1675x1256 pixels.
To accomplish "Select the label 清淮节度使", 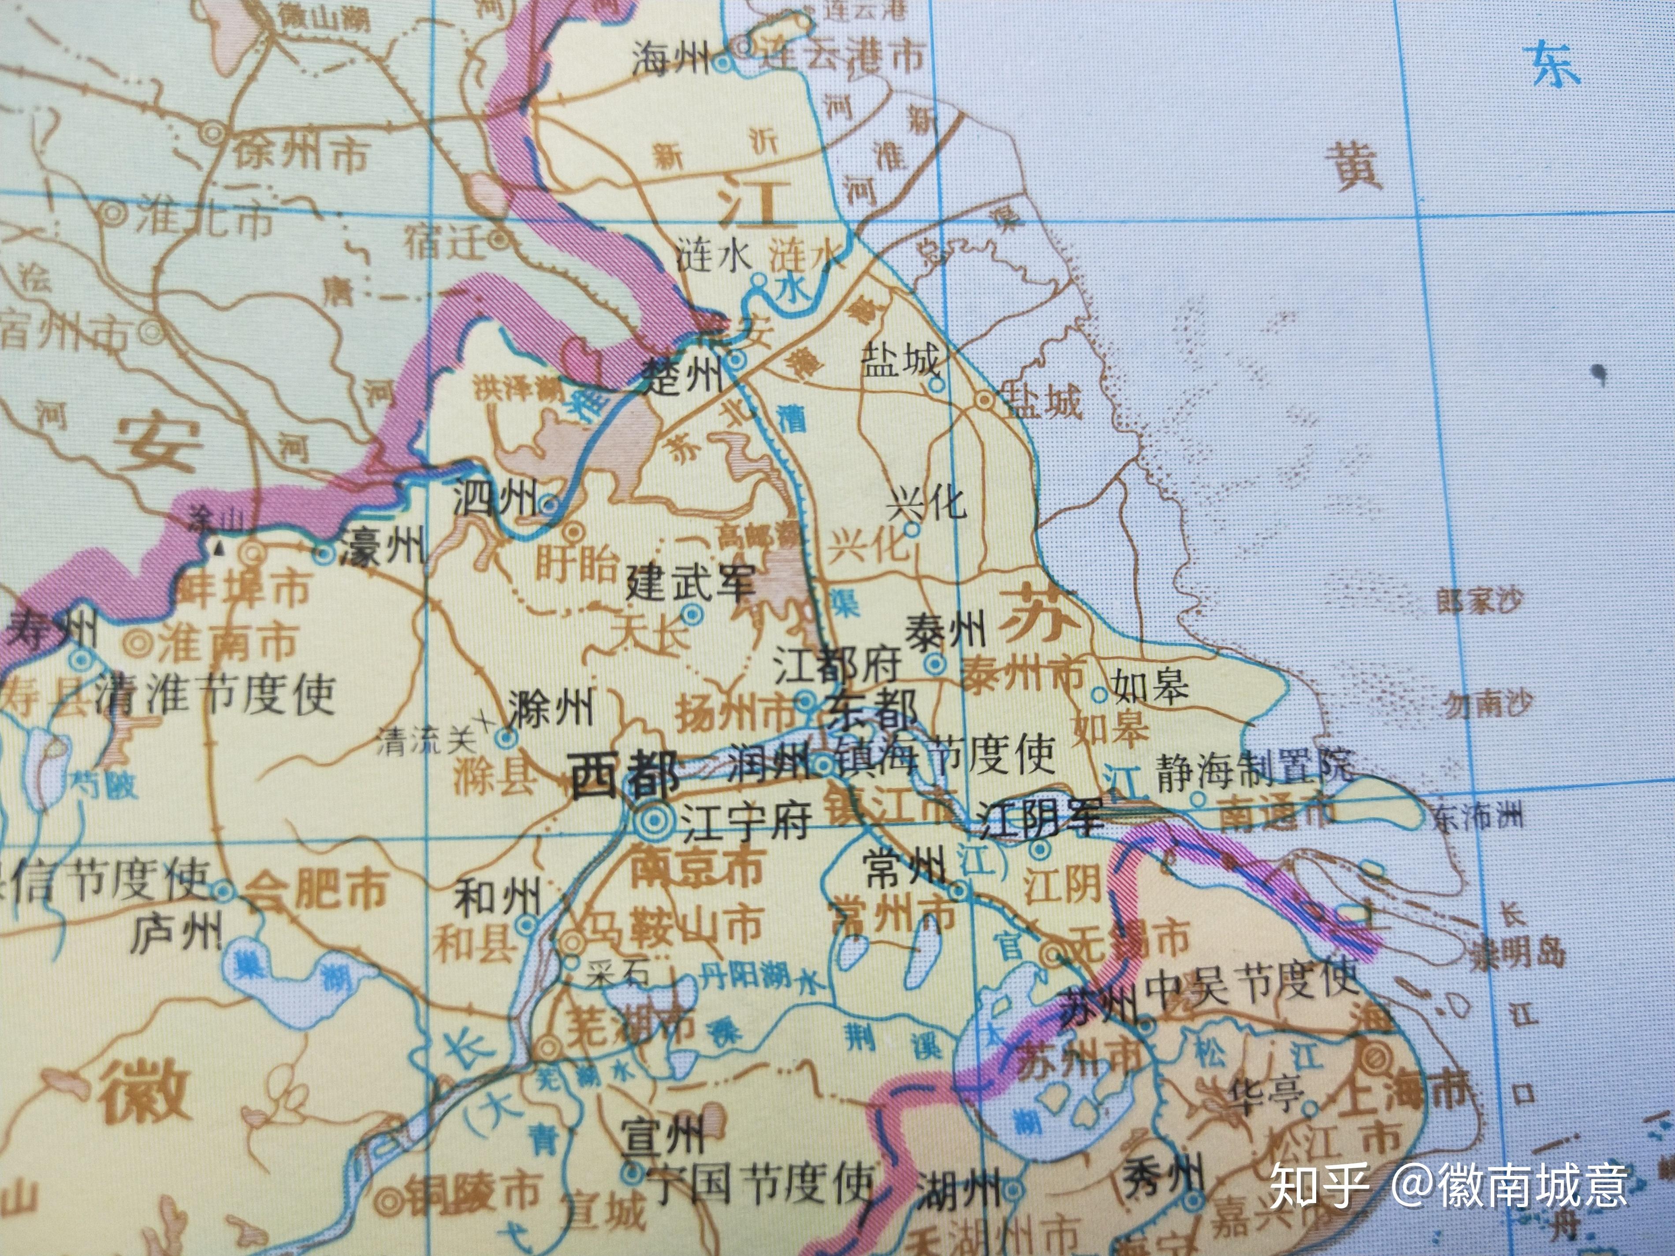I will (216, 694).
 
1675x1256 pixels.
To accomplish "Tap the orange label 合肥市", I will (318, 890).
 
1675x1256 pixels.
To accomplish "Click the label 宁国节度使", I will (763, 1185).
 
